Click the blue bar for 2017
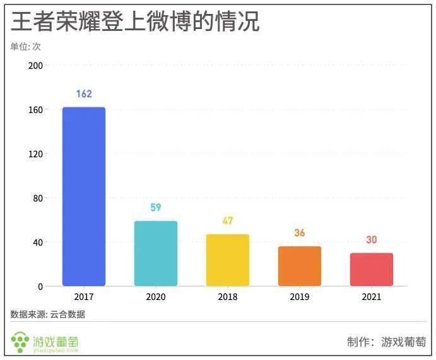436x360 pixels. coord(84,196)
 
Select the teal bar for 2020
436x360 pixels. coord(156,253)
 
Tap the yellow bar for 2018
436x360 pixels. coord(228,260)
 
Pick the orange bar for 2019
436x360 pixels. coord(300,266)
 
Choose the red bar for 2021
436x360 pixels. coord(372,269)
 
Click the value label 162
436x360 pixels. coord(84,94)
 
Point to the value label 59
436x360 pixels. coord(156,208)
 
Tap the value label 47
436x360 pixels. coord(228,221)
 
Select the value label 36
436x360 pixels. coord(300,233)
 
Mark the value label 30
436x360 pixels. coord(372,240)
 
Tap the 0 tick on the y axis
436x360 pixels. coord(40,287)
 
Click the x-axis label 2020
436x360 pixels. coord(156,297)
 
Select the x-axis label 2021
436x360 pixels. coord(372,297)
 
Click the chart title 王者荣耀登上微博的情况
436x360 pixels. coord(135,22)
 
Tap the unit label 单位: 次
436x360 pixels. coord(26,46)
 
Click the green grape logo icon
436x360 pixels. coord(21,342)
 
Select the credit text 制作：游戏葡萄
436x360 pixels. coord(386,342)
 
